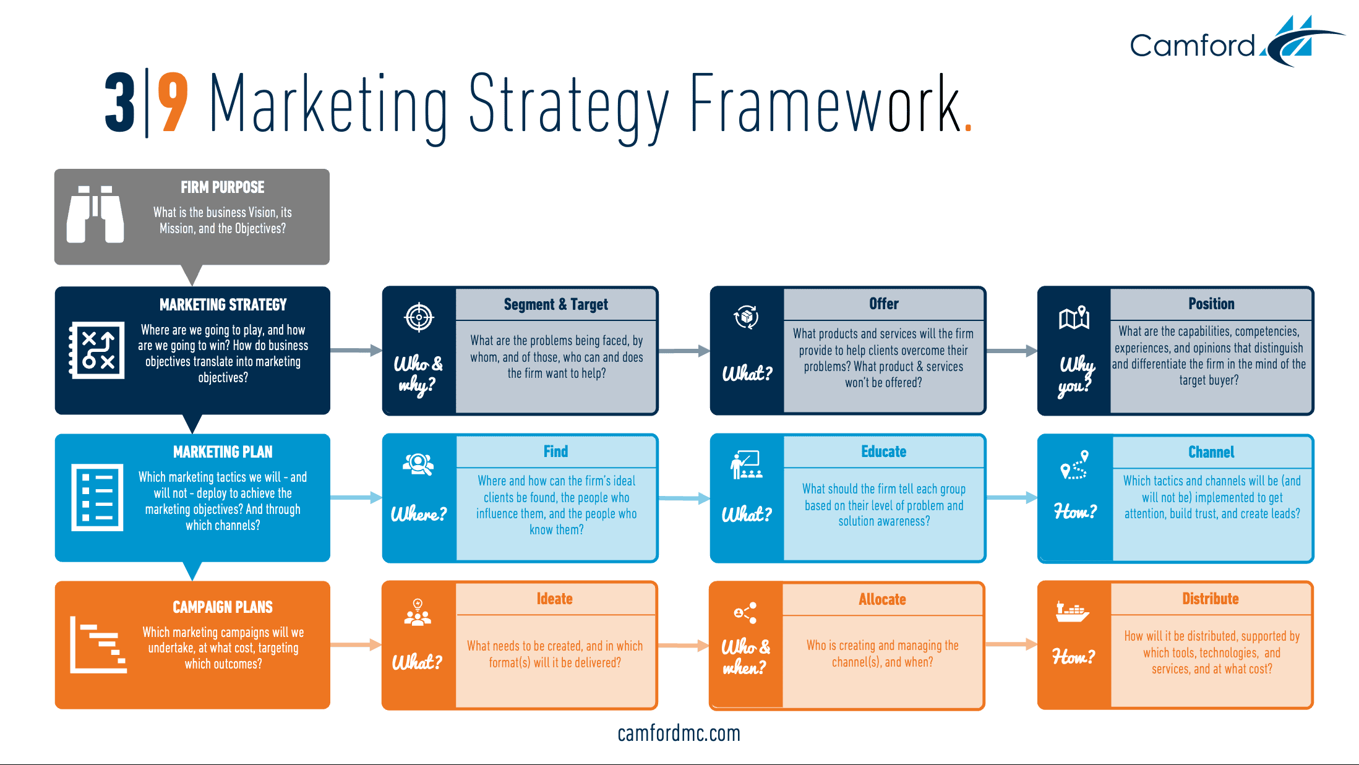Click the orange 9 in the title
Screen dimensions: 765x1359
(x=173, y=103)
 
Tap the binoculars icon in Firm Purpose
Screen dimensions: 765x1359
(x=95, y=214)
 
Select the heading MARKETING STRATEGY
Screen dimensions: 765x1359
(x=223, y=305)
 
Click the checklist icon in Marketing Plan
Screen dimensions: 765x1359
(x=97, y=497)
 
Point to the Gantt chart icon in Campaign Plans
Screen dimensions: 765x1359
(x=98, y=644)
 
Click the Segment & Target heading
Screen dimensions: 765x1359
(x=555, y=304)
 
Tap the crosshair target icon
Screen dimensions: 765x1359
(x=419, y=317)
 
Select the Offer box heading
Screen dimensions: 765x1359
(x=883, y=304)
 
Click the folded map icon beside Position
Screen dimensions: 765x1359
(x=1074, y=318)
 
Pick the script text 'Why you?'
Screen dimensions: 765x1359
(x=1076, y=374)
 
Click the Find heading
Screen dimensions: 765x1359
(x=555, y=451)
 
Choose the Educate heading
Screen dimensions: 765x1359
(x=883, y=451)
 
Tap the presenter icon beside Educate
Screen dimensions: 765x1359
(x=746, y=465)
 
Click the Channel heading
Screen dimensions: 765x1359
(x=1211, y=452)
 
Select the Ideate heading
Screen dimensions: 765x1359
(x=554, y=599)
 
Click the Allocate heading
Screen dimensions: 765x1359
(x=882, y=599)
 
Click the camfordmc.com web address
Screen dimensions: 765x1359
(x=679, y=733)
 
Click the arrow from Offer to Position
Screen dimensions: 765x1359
(x=1011, y=351)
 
